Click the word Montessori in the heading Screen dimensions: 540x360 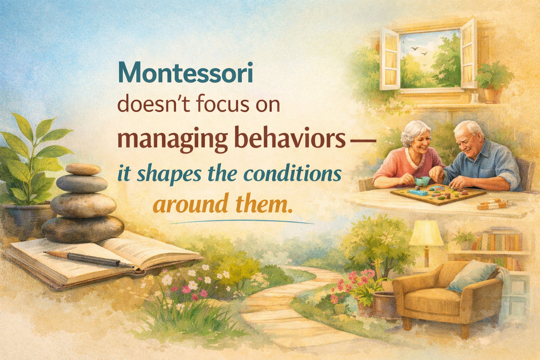(x=186, y=72)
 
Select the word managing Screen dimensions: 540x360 (x=172, y=140)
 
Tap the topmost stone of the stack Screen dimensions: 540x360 (x=83, y=169)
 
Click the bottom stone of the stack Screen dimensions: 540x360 (x=83, y=229)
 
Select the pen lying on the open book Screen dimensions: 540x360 (x=89, y=259)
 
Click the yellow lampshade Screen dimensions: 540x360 (x=426, y=233)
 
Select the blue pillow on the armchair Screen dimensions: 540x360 (x=472, y=276)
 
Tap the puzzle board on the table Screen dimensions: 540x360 (x=438, y=194)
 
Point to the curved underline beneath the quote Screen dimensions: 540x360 (x=242, y=221)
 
